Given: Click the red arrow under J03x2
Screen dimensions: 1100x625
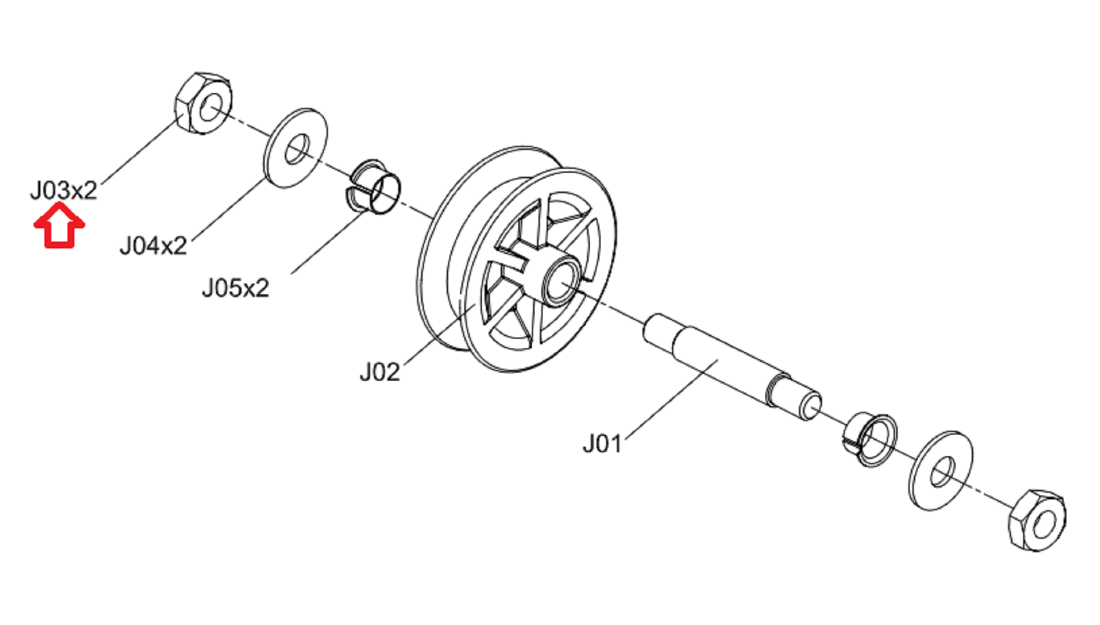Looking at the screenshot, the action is tap(59, 226).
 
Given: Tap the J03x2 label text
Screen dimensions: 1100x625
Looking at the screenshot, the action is tap(64, 190).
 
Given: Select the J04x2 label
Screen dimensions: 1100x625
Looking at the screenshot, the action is tap(153, 245).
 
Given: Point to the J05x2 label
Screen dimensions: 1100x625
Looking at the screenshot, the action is tap(236, 287).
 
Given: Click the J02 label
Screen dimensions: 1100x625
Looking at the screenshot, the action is tap(380, 372).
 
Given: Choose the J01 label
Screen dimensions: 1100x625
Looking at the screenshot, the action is tap(602, 443).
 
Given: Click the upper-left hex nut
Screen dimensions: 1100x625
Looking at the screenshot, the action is tap(203, 103).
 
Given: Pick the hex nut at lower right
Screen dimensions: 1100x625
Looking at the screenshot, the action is tap(1037, 520).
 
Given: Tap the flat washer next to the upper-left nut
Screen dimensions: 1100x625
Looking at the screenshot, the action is tap(296, 147).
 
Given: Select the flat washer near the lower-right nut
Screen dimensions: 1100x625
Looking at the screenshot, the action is tap(941, 470).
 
